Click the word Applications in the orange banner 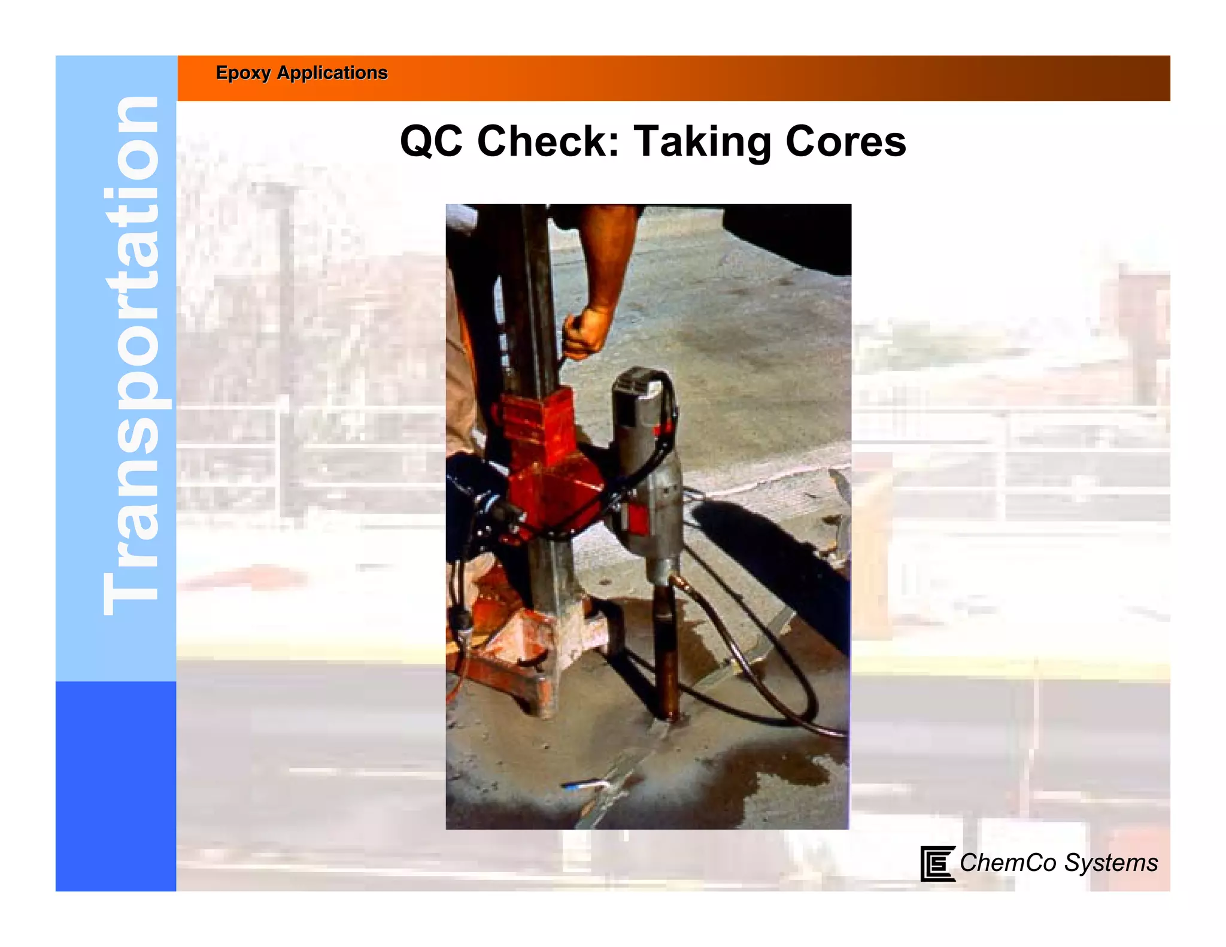pos(332,73)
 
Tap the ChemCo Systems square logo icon pos(937,863)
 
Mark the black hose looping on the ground pos(772,688)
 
